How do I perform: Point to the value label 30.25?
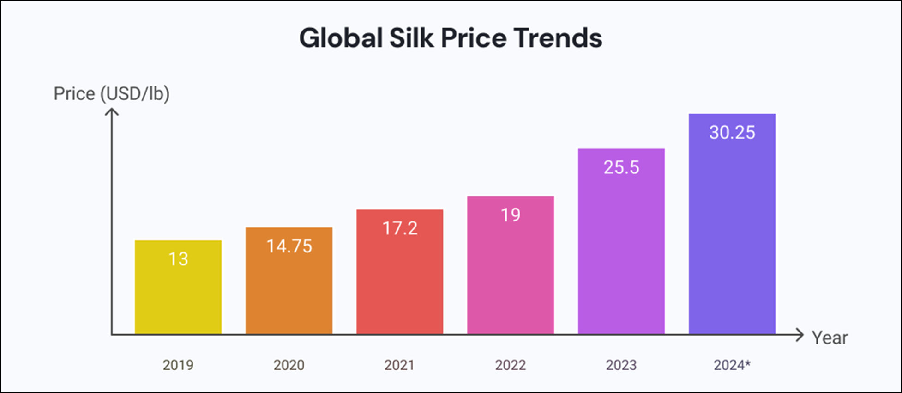pyautogui.click(x=732, y=133)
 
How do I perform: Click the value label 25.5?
pyautogui.click(x=621, y=167)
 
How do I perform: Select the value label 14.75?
pyautogui.click(x=289, y=246)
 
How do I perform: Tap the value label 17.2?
pyautogui.click(x=400, y=228)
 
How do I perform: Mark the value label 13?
pyautogui.click(x=178, y=259)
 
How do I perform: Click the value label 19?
pyautogui.click(x=511, y=215)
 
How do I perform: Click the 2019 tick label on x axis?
pyautogui.click(x=178, y=365)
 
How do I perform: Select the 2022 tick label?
pyautogui.click(x=511, y=365)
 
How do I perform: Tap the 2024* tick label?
pyautogui.click(x=732, y=365)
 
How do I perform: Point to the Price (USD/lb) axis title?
pyautogui.click(x=112, y=94)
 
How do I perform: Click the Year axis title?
pyautogui.click(x=830, y=338)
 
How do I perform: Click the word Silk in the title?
pyautogui.click(x=411, y=38)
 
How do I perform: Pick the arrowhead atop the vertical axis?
pyautogui.click(x=112, y=111)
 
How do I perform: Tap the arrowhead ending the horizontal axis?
pyautogui.click(x=800, y=335)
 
